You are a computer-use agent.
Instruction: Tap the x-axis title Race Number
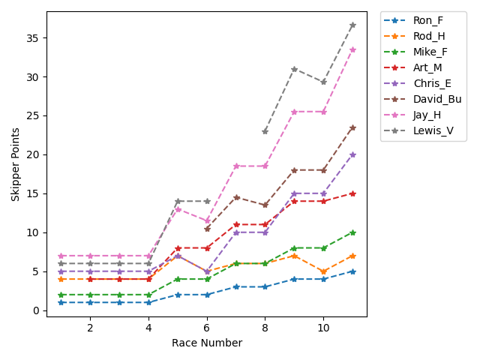pyautogui.click(x=207, y=343)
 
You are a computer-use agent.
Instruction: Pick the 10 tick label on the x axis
pyautogui.click(x=323, y=328)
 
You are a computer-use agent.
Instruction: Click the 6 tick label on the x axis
pyautogui.click(x=207, y=328)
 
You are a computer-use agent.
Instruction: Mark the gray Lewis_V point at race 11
pyautogui.click(x=352, y=25)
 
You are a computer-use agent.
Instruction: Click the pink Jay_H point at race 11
pyautogui.click(x=352, y=49)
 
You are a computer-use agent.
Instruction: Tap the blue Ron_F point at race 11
pyautogui.click(x=352, y=271)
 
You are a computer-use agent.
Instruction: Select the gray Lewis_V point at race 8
pyautogui.click(x=265, y=131)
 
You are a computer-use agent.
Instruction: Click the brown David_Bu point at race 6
pyautogui.click(x=207, y=229)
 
